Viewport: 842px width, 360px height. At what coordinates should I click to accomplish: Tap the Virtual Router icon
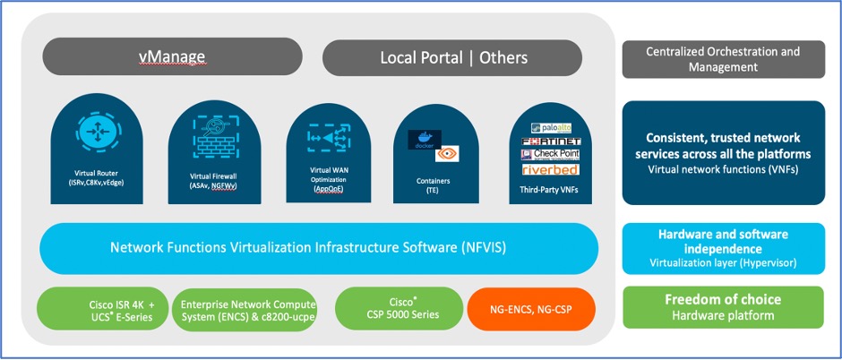93,130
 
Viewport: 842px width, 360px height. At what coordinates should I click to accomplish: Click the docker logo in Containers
425,139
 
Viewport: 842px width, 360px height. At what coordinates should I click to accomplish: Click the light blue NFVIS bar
318,248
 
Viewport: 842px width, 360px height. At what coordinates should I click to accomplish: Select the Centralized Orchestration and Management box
722,59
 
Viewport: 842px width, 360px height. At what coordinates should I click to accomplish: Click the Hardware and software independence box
722,248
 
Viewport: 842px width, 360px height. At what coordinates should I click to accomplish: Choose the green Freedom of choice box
722,307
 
